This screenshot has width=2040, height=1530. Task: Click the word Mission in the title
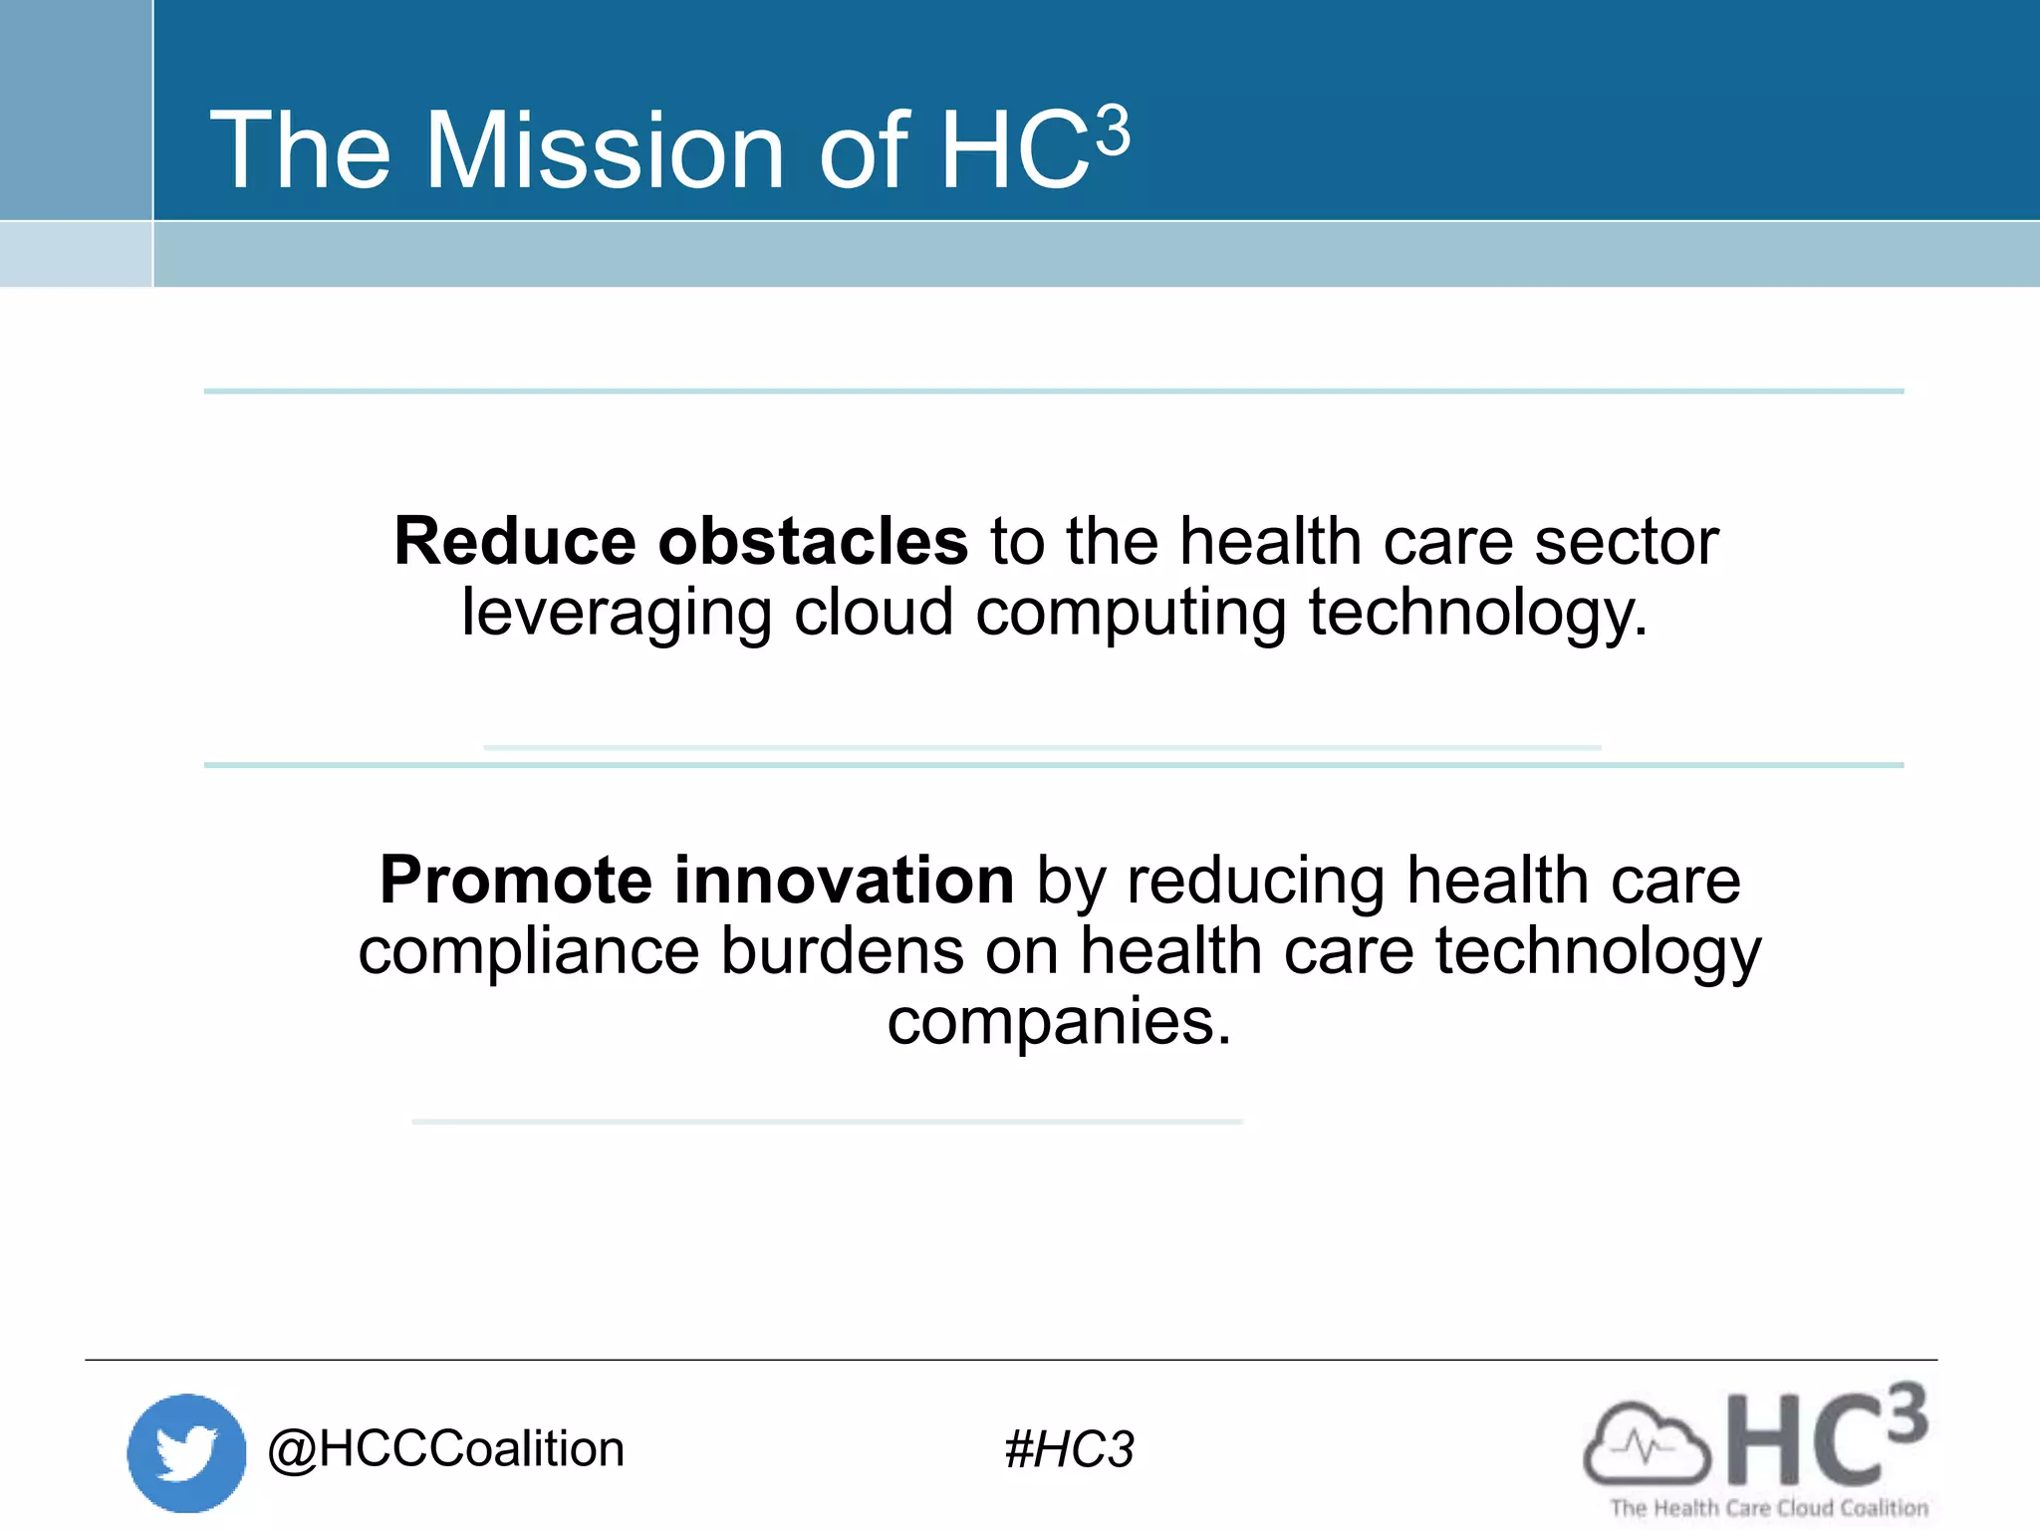click(x=605, y=151)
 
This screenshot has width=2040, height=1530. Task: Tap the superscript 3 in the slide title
click(x=1113, y=131)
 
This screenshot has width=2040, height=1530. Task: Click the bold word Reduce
click(x=514, y=542)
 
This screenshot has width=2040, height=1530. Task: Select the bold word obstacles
click(x=813, y=542)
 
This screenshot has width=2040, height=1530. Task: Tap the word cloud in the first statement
click(x=874, y=613)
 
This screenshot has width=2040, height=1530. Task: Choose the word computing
click(x=1131, y=613)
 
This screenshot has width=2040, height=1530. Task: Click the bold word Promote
click(x=516, y=881)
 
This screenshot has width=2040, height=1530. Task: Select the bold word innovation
click(x=844, y=881)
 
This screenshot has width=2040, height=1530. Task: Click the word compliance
click(x=529, y=951)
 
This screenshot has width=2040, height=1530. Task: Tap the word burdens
click(x=842, y=951)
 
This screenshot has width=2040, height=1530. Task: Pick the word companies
click(x=1059, y=1022)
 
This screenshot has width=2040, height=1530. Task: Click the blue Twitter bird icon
click(x=186, y=1452)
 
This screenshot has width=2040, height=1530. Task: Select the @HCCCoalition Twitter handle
click(x=446, y=1449)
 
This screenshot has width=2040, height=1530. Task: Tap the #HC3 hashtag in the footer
click(x=1069, y=1449)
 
